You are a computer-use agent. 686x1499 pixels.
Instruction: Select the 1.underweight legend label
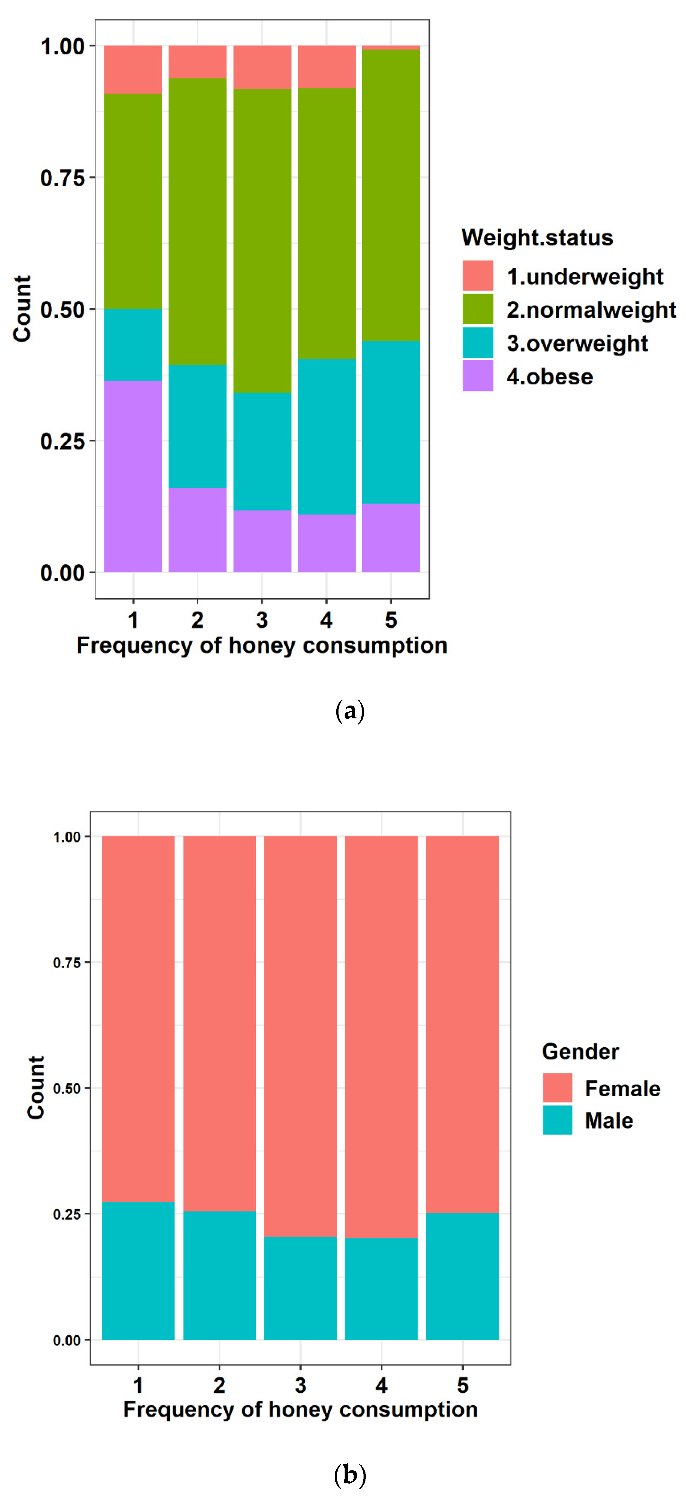(584, 276)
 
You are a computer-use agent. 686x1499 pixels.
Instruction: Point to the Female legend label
(622, 1088)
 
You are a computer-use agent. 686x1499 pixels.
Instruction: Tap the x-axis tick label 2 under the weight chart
(197, 620)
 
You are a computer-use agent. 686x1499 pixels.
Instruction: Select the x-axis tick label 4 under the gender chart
(381, 1385)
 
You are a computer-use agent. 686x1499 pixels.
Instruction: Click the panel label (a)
(350, 711)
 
